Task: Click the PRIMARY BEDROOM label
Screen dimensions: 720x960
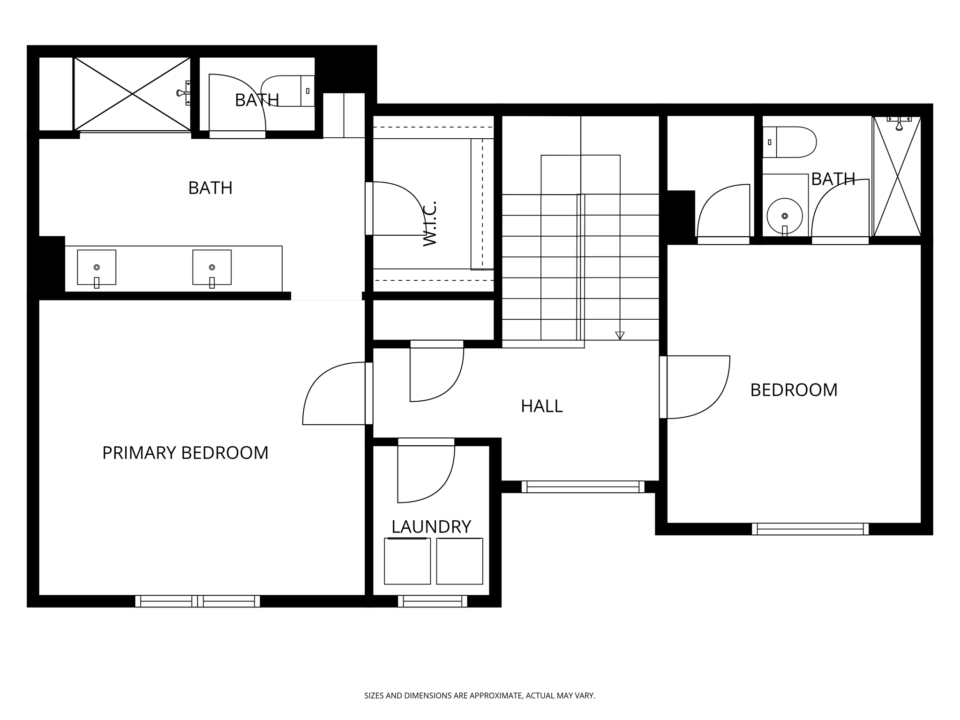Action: (185, 453)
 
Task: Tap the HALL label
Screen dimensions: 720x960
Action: (541, 406)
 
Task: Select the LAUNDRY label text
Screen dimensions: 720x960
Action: (431, 527)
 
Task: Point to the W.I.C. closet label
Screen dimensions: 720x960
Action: (430, 224)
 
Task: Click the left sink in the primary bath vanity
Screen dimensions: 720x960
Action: (97, 267)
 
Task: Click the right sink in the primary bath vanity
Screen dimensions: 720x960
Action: (212, 267)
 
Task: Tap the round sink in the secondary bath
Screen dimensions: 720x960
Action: (785, 216)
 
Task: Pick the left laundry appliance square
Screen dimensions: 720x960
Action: (407, 561)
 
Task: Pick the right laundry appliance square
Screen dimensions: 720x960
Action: (459, 561)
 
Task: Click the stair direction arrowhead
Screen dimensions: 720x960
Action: (620, 335)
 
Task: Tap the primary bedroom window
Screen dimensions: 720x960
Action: (197, 601)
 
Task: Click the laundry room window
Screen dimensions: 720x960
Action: (432, 601)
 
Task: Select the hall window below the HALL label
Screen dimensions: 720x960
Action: (583, 487)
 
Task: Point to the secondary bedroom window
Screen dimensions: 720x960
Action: (810, 529)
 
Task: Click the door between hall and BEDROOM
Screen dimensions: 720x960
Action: (698, 387)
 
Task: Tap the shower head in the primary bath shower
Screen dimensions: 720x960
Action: (181, 93)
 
